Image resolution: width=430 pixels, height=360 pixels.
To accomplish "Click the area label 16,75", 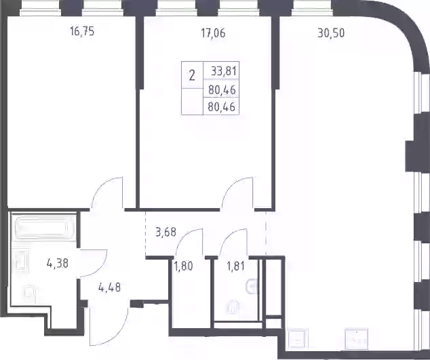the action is [82, 31].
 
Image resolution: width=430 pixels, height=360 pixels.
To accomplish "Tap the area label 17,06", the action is [213, 33].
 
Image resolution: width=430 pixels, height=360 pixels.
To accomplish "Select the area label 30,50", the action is [331, 33].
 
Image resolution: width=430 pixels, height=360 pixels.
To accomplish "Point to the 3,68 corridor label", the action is [165, 232].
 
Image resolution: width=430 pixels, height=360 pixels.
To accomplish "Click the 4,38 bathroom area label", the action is [58, 264].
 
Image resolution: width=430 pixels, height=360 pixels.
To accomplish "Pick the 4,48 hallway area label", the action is [109, 287].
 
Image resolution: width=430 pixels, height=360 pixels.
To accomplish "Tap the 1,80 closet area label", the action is [184, 266].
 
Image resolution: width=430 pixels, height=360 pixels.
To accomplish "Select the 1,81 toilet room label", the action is [235, 266].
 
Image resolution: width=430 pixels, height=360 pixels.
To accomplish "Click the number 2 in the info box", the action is [192, 75].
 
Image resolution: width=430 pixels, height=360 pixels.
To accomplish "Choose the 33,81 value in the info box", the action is [224, 71].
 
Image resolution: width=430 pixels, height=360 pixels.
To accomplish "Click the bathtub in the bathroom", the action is [43, 227].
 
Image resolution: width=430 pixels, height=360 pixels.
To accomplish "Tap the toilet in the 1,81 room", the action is [233, 306].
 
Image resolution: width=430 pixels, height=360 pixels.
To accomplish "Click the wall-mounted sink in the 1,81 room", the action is [252, 286].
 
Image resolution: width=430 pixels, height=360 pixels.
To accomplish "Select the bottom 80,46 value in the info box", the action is [222, 106].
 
